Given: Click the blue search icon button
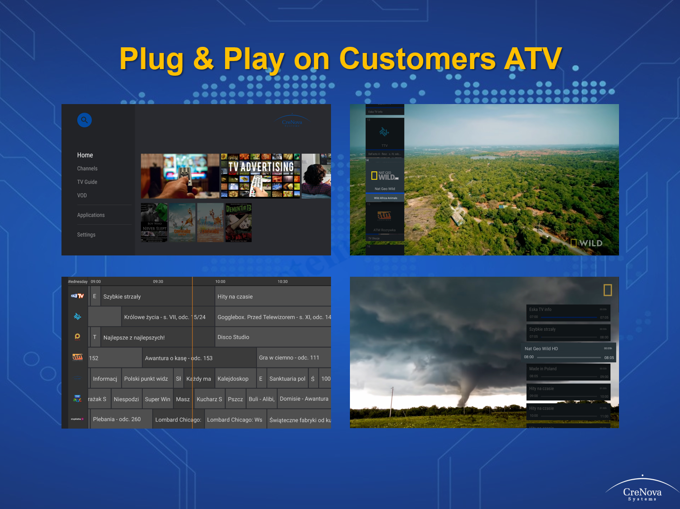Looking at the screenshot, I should coord(84,120).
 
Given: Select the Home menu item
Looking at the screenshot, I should coord(85,155).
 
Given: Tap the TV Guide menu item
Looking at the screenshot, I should coord(87,182).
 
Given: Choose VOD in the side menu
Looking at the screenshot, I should coord(82,195).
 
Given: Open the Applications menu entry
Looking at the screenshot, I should coord(91,215).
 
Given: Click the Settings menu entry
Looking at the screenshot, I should coord(86,235).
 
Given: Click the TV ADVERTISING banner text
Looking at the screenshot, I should coord(261,167).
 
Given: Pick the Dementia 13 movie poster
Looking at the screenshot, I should coord(238,223).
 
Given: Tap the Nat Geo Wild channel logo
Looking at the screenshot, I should coord(385,176).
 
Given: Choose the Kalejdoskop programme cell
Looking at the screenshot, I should coord(233,379).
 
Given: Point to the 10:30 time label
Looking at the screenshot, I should coord(282,281).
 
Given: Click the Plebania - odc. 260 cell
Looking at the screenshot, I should coord(117,420).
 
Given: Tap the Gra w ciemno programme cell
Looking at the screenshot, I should coord(289,358).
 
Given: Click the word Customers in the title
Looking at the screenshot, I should coord(418,59).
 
